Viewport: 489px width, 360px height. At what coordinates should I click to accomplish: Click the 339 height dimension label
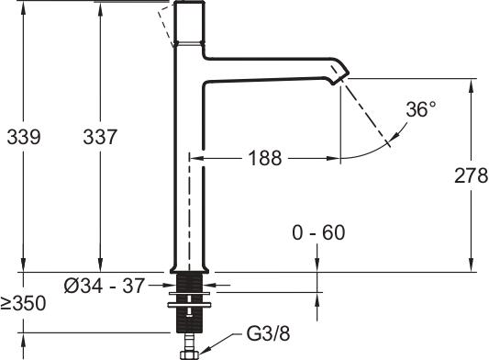24,137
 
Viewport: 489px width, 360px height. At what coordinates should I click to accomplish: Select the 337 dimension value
100,137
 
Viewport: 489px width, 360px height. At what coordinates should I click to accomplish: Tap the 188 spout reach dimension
265,158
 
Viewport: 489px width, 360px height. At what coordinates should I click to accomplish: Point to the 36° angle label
421,109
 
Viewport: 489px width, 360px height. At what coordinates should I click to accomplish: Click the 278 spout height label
472,175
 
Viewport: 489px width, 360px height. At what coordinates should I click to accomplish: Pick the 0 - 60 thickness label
318,232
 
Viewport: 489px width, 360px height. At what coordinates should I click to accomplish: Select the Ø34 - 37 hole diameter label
105,286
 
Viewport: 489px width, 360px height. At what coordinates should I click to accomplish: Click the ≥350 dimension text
23,303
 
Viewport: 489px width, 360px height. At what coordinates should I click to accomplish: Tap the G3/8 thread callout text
268,333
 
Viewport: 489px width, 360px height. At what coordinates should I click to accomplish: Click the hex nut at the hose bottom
190,354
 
